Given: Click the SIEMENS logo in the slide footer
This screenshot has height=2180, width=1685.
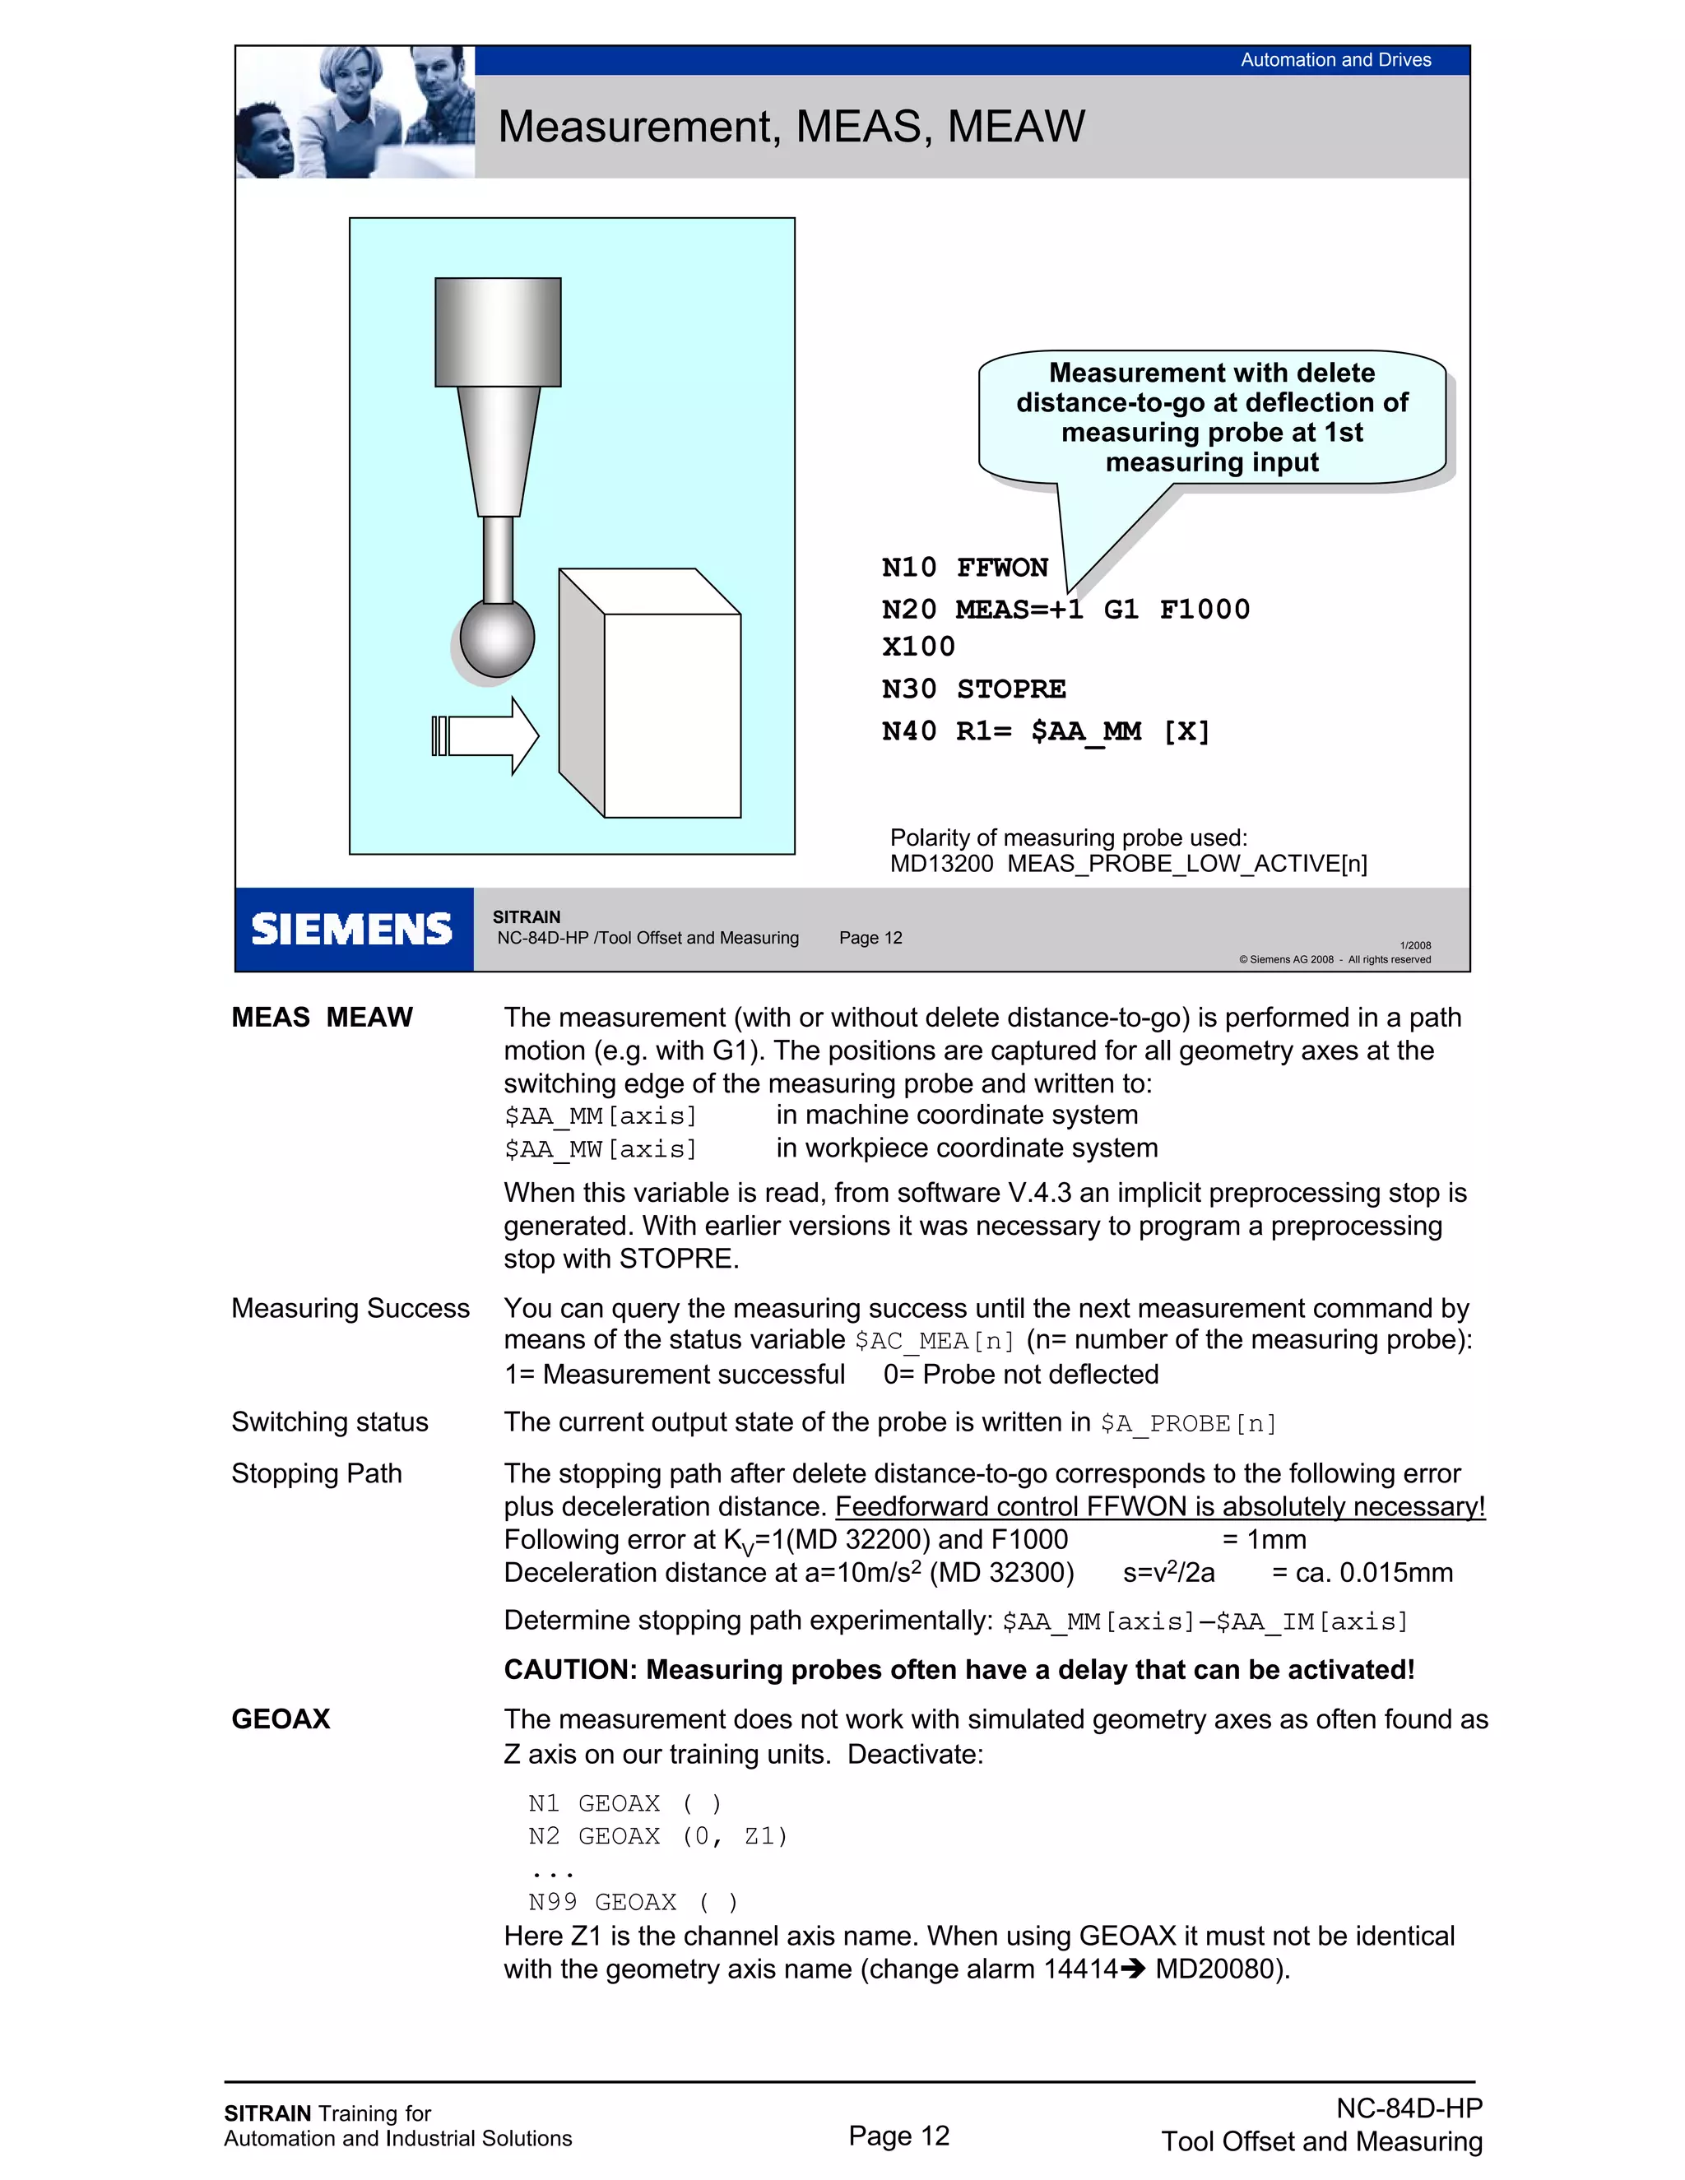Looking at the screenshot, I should pyautogui.click(x=351, y=930).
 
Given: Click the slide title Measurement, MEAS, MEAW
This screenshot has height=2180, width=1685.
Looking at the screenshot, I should pyautogui.click(x=791, y=127).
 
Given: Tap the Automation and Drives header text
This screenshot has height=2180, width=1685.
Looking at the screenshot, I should pyautogui.click(x=1335, y=60).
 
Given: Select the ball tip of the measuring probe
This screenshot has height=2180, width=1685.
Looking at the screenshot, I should pyautogui.click(x=497, y=637).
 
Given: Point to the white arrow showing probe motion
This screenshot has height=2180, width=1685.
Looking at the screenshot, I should pyautogui.click(x=487, y=735).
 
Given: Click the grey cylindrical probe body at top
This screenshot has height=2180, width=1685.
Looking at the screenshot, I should pyautogui.click(x=497, y=332).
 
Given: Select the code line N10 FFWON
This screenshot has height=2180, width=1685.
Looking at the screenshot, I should pyautogui.click(x=964, y=568).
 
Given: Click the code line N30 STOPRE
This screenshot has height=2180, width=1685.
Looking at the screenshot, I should pyautogui.click(x=973, y=689).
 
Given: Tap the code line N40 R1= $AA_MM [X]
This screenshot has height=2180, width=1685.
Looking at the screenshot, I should pyautogui.click(x=1045, y=731).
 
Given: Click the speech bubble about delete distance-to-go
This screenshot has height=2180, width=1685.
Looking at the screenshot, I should pyautogui.click(x=1211, y=417).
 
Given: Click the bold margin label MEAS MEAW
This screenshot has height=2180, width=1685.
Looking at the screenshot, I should pyautogui.click(x=322, y=1017).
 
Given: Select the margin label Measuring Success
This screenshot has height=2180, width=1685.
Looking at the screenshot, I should pyautogui.click(x=350, y=1309).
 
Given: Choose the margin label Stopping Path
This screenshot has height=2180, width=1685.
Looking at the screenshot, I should pyautogui.click(x=317, y=1473).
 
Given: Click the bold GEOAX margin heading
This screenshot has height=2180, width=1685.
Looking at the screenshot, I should pyautogui.click(x=281, y=1718).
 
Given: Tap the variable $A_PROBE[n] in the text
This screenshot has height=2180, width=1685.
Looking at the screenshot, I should pyautogui.click(x=1188, y=1423).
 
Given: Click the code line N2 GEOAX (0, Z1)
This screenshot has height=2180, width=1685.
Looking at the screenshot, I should pyautogui.click(x=658, y=1837).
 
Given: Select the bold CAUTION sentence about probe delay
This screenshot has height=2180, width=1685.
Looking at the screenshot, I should pyautogui.click(x=959, y=1670).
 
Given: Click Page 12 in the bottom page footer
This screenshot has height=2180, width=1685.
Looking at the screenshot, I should pyautogui.click(x=898, y=2135).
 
